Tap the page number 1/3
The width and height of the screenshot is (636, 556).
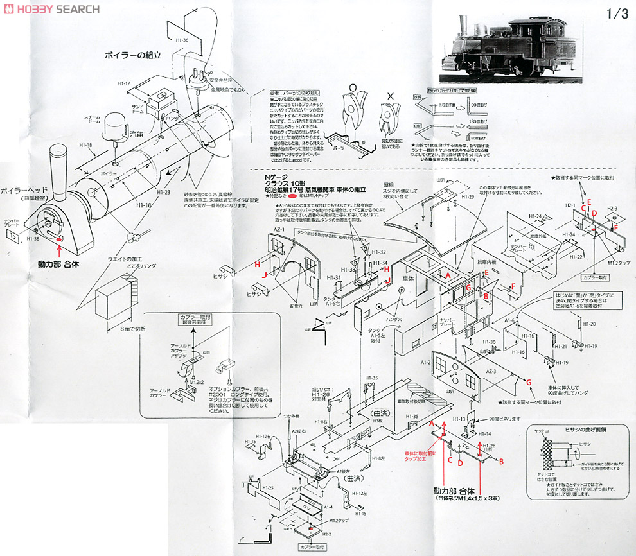pos(616,15)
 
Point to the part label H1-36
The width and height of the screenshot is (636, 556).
pos(182,39)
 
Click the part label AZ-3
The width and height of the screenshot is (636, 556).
pos(492,372)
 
